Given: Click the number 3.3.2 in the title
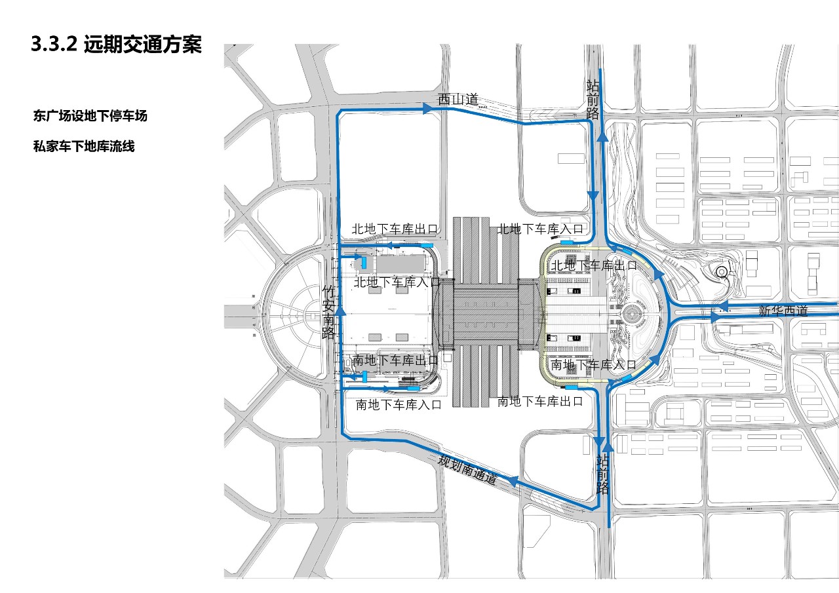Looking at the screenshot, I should [x=54, y=45].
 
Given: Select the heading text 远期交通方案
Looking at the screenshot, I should [x=143, y=45].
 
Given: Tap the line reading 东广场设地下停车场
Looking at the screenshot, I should [x=90, y=117].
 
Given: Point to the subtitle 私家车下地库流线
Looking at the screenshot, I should [x=84, y=147].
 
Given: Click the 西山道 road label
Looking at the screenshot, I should [x=458, y=100].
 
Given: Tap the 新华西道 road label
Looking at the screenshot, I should [x=783, y=311].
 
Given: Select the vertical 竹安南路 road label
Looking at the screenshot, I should [x=329, y=312].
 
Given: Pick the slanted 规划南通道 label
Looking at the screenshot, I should [x=468, y=469].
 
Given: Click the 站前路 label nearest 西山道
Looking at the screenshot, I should [x=593, y=98].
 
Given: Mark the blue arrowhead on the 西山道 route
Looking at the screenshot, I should [x=429, y=109].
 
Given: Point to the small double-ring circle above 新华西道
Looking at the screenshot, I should [x=721, y=271].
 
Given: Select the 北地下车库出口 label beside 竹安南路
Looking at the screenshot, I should [x=395, y=229].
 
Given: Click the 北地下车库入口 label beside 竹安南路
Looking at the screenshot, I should [x=397, y=282].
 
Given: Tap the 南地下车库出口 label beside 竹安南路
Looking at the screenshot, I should [x=395, y=360].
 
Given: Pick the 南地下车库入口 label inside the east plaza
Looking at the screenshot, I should [x=594, y=364].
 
